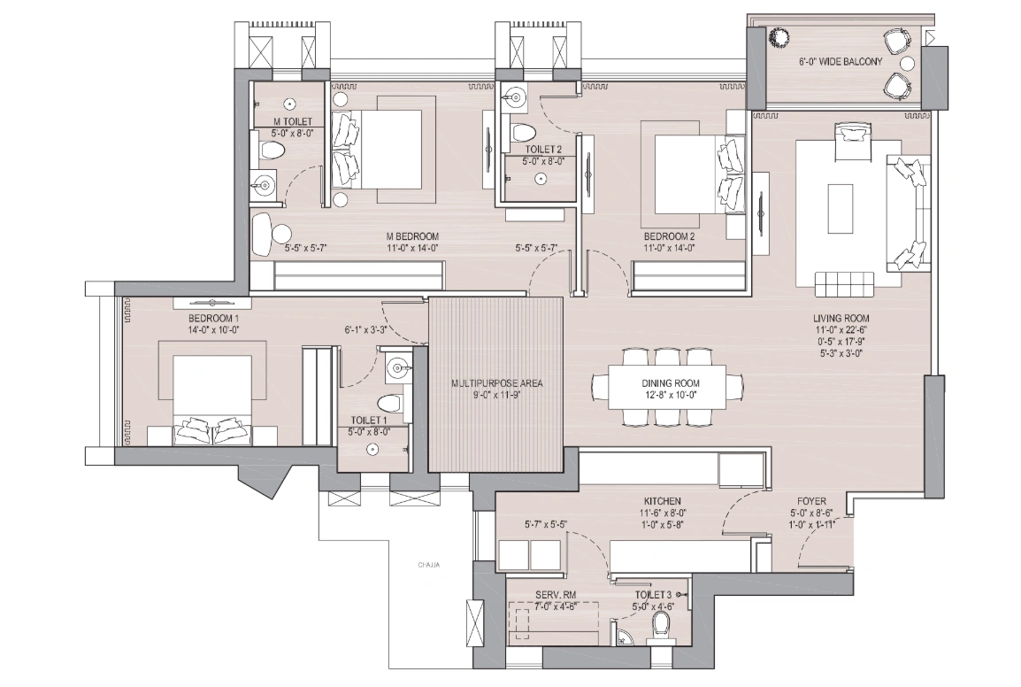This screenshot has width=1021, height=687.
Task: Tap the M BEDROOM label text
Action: tap(412, 236)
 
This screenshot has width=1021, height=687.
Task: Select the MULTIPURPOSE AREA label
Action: tap(495, 383)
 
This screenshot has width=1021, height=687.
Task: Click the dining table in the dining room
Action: tap(667, 387)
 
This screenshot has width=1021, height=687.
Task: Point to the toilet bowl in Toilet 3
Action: tap(659, 626)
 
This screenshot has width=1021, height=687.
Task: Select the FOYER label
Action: tap(810, 501)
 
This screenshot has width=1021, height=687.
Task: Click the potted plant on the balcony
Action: tap(779, 38)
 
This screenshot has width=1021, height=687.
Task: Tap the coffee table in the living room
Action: tap(840, 208)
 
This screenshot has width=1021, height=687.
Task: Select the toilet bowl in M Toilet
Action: tap(271, 151)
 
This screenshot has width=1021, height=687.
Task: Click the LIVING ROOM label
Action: tap(841, 318)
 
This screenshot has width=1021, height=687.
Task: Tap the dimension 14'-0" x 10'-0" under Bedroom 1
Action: tap(213, 329)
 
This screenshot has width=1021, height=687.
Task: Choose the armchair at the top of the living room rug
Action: tap(850, 138)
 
